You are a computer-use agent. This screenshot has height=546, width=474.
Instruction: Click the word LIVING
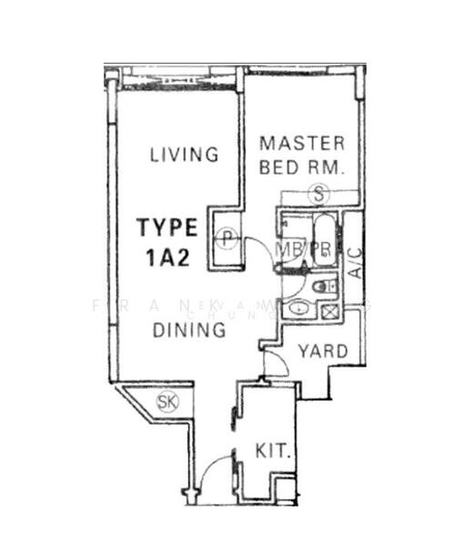click(x=185, y=154)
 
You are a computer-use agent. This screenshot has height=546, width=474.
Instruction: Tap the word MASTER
click(x=302, y=143)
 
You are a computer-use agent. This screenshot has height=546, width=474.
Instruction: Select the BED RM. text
click(x=302, y=167)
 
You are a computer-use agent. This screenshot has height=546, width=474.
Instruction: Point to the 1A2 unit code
click(x=166, y=256)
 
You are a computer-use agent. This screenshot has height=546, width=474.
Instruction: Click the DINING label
click(x=188, y=329)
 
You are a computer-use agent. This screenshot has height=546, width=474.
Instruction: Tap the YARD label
click(x=323, y=351)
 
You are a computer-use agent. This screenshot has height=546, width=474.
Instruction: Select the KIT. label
click(x=273, y=450)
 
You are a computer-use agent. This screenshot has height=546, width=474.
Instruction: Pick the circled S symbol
click(x=318, y=193)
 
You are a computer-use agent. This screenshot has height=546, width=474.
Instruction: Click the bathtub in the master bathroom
click(x=323, y=240)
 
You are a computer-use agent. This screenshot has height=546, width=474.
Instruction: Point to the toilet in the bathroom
click(x=319, y=288)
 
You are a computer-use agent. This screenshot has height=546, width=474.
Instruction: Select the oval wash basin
click(x=297, y=309)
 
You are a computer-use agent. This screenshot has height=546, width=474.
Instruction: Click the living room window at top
click(x=178, y=80)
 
